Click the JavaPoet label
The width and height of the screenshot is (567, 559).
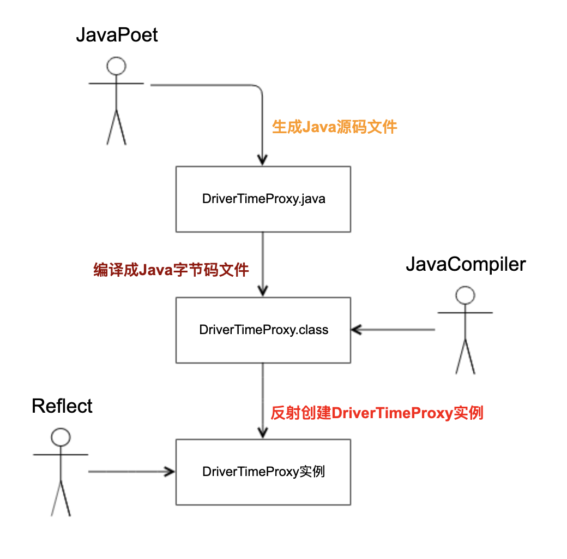pyautogui.click(x=117, y=35)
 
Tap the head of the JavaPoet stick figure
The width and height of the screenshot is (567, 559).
pyautogui.click(x=116, y=66)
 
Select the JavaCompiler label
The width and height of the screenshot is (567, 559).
pyautogui.click(x=466, y=265)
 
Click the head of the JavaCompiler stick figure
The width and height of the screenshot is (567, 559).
pyautogui.click(x=465, y=295)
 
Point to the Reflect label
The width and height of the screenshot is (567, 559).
pyautogui.click(x=62, y=406)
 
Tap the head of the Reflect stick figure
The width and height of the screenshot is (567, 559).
pyautogui.click(x=61, y=437)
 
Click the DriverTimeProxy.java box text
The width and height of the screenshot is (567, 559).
pyautogui.click(x=264, y=199)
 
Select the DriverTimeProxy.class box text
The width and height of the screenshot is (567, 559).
pyautogui.click(x=264, y=330)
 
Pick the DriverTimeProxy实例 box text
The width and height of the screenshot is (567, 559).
pyautogui.click(x=264, y=472)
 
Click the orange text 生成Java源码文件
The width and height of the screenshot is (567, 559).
pyautogui.click(x=335, y=127)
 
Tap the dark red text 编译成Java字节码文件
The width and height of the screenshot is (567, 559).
pyautogui.click(x=171, y=270)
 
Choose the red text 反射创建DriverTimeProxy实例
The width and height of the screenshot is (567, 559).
pyautogui.click(x=377, y=413)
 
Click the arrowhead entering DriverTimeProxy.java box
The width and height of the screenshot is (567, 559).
pyautogui.click(x=263, y=160)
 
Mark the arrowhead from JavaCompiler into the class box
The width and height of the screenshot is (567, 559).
pyautogui.click(x=357, y=330)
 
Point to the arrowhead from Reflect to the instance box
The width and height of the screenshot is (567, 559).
pyautogui.click(x=169, y=472)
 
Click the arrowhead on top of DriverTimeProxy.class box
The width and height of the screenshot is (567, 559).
pyautogui.click(x=263, y=291)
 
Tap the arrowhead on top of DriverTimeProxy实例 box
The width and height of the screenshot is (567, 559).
pyautogui.click(x=263, y=433)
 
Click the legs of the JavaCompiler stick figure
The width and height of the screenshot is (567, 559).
pyautogui.click(x=465, y=357)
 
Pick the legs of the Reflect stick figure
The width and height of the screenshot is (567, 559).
pyautogui.click(x=61, y=498)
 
